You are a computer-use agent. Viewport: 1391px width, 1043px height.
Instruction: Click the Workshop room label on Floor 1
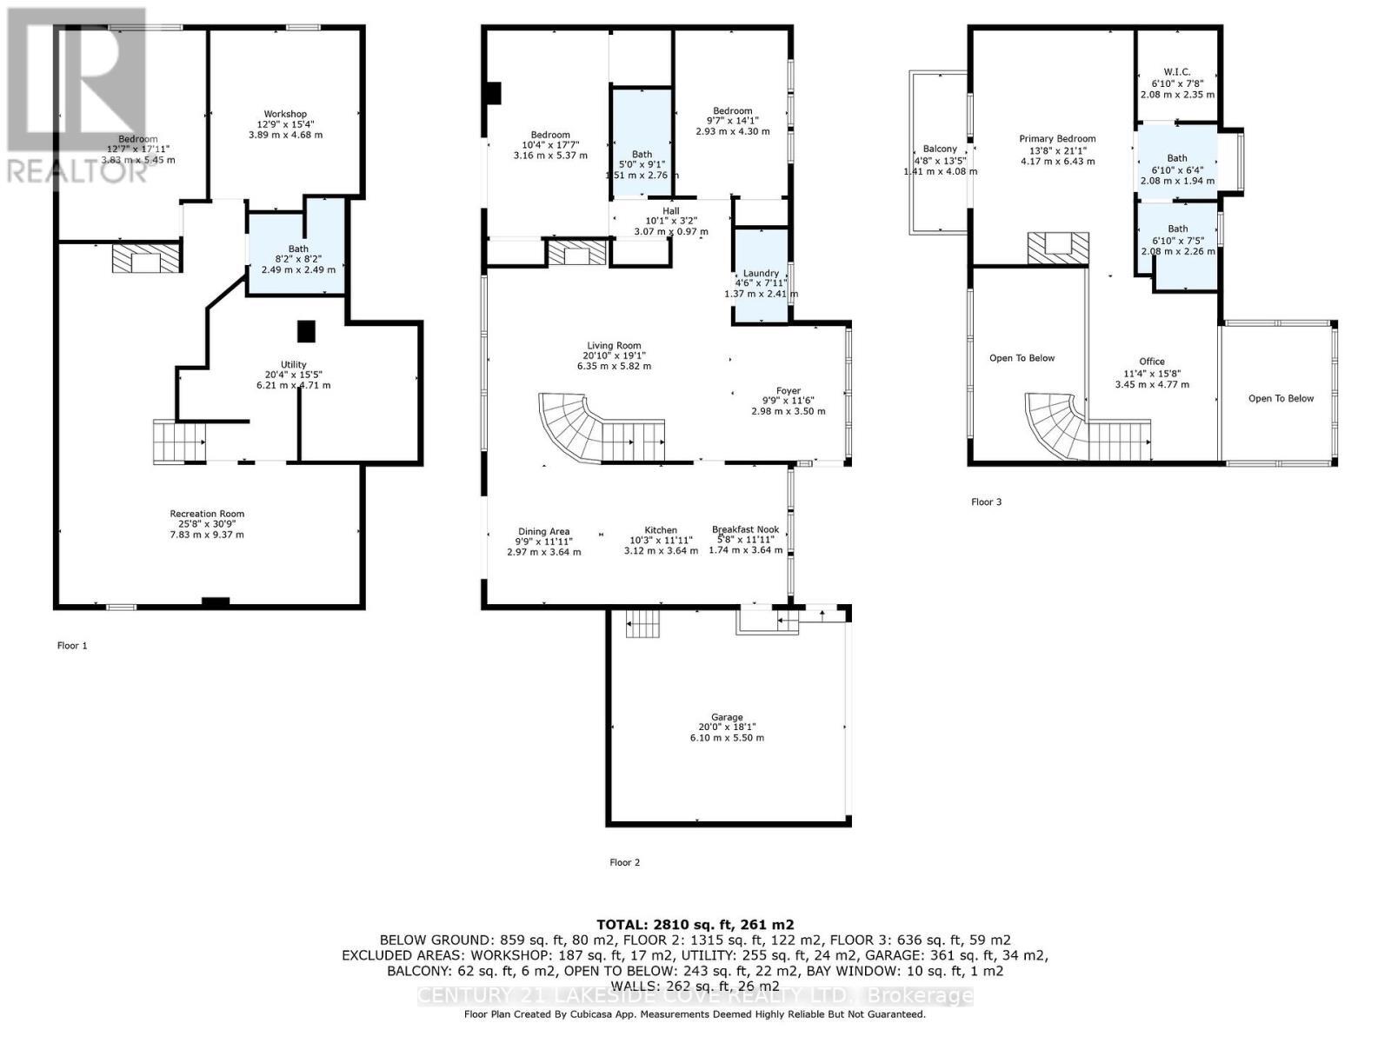coord(285,115)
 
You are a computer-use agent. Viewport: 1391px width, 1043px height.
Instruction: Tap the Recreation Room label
coord(207,514)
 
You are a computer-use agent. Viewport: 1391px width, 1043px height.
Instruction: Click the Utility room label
coord(293,365)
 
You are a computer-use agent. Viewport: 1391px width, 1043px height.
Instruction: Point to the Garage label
coord(727,718)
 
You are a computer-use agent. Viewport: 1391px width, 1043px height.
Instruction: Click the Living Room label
coord(614,346)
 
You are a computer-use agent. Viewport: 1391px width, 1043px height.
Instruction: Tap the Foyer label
coord(789,391)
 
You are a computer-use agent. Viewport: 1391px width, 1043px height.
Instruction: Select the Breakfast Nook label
coord(745,529)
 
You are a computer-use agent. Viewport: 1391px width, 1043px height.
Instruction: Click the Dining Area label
coord(543,532)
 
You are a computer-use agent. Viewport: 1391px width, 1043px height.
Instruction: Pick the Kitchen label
coord(661,530)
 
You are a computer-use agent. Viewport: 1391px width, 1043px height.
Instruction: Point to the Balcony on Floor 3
coord(940,149)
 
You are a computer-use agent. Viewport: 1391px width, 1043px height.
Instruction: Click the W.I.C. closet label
coord(1177,73)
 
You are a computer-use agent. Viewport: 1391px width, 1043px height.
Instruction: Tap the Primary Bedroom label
coord(1057,139)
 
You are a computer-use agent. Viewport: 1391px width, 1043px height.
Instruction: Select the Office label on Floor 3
coord(1152,362)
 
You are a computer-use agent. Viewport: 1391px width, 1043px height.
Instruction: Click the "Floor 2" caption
coord(624,862)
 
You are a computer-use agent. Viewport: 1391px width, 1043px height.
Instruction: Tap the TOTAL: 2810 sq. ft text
coord(695,925)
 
